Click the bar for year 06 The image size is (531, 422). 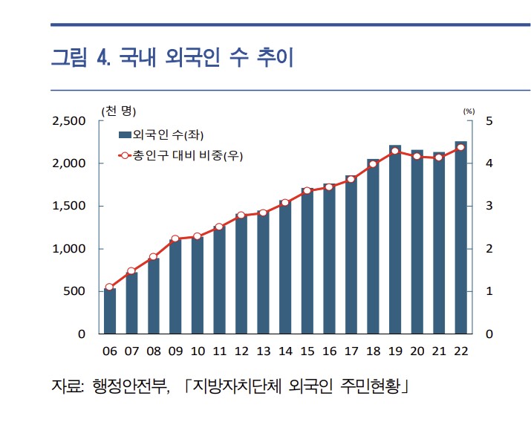110,311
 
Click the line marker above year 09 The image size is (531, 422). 175,238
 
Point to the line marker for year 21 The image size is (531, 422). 439,158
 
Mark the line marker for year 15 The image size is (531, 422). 307,191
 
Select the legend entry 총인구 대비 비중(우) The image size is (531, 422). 181,155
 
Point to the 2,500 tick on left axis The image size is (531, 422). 68,121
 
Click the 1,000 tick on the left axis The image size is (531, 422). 68,249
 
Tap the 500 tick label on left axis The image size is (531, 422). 74,291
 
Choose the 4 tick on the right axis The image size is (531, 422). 489,163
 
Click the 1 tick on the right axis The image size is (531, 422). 489,291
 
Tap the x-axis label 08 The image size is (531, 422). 154,351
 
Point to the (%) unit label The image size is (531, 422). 469,111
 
